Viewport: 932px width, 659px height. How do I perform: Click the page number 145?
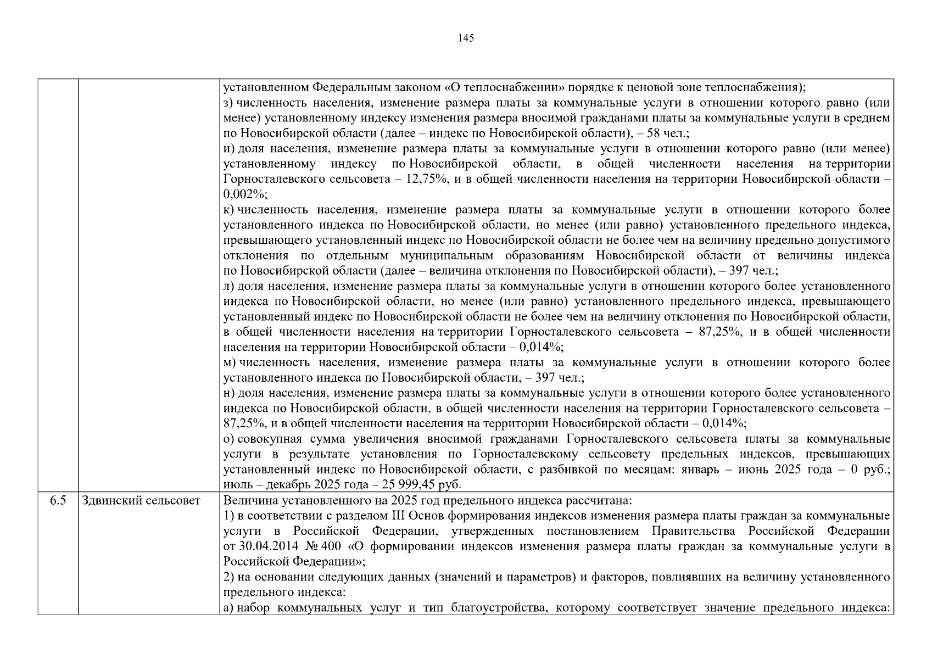click(465, 38)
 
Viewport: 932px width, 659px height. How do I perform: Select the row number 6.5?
click(58, 500)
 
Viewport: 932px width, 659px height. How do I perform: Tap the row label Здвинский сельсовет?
click(141, 500)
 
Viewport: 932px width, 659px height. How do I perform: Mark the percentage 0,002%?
click(244, 194)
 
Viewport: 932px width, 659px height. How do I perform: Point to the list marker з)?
click(228, 103)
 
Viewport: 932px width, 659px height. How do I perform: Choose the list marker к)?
click(228, 210)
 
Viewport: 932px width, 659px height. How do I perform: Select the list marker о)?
click(228, 439)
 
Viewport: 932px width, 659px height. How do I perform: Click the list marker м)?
click(230, 362)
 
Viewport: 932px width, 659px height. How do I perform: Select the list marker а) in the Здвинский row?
click(228, 608)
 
